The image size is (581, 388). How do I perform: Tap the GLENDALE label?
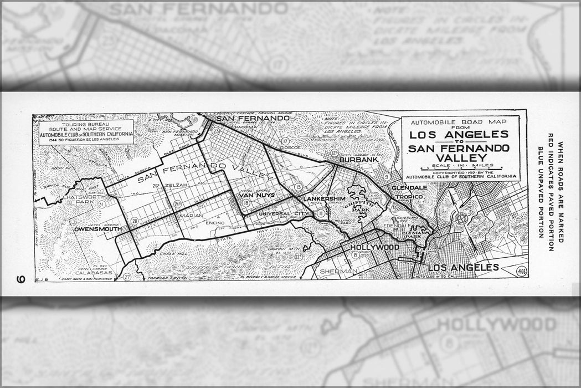(409, 188)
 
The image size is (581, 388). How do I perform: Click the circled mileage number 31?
(101, 205)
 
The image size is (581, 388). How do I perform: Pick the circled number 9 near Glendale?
(387, 176)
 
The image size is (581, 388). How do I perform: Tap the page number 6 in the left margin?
(21, 279)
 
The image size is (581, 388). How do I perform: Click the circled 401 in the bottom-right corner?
(521, 272)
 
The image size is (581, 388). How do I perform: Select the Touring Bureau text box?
(86, 131)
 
